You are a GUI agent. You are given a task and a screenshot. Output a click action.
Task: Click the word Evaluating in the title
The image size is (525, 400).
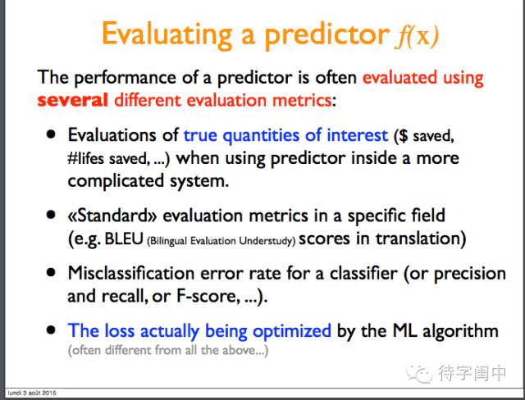tap(167, 34)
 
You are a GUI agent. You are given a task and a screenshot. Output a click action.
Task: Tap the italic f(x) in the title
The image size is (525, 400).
tap(417, 35)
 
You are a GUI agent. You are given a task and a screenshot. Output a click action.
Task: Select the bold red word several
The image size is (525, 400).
tap(73, 100)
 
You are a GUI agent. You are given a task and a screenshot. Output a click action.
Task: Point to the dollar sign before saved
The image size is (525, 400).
tap(404, 135)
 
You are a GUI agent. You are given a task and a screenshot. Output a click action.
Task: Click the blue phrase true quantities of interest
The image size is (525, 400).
tap(285, 135)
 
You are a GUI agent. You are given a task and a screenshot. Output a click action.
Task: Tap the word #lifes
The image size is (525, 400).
tap(85, 158)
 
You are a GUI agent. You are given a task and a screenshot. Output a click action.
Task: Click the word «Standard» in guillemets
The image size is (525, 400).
tap(112, 216)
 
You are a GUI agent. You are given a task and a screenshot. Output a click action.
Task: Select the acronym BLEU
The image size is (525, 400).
tap(124, 239)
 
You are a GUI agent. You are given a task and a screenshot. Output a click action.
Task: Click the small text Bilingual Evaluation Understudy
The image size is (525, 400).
tap(221, 241)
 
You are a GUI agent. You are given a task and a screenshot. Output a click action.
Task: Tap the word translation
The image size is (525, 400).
tap(418, 239)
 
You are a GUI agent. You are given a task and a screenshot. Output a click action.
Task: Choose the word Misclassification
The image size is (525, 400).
tap(131, 273)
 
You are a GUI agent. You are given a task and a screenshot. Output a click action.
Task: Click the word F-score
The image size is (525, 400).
tap(208, 296)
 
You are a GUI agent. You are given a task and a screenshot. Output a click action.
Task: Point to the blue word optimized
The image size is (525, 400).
tap(292, 331)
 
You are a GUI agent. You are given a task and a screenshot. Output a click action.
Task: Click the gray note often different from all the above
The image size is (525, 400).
tap(168, 350)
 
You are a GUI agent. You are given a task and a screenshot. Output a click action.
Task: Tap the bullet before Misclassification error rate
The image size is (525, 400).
tap(51, 273)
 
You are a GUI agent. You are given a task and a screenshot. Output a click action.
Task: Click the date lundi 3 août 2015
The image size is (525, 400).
tap(32, 393)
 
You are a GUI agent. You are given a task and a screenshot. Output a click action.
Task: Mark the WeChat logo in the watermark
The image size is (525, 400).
tap(419, 373)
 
